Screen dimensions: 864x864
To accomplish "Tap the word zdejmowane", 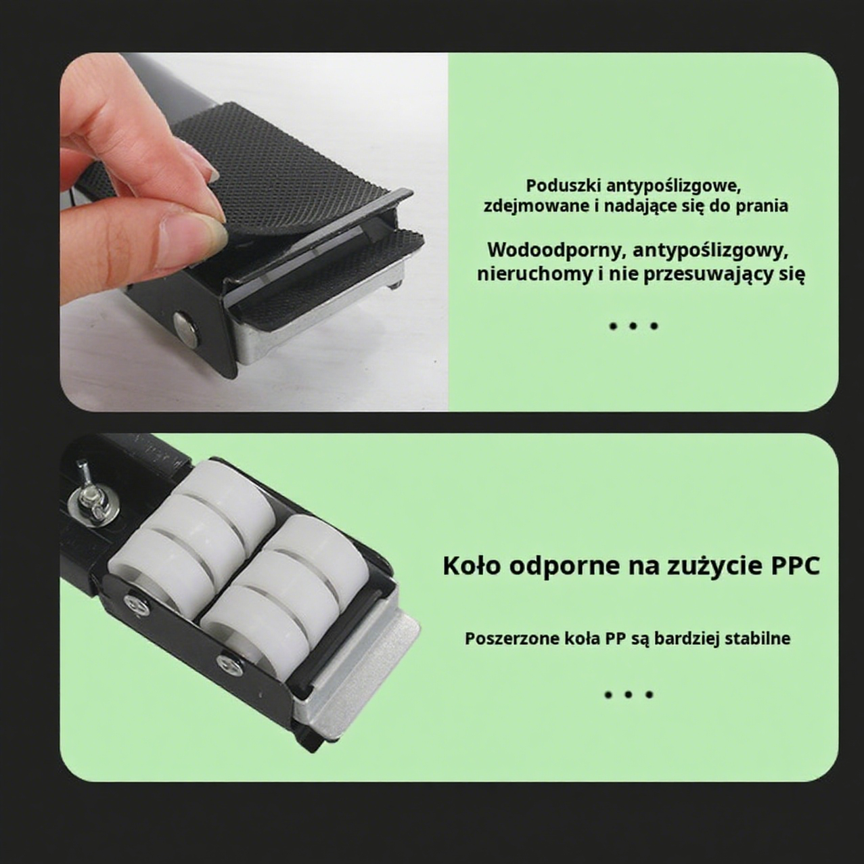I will tap(536, 206).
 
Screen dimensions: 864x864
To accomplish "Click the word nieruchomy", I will tap(534, 274).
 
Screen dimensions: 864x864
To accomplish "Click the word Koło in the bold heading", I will tap(472, 566).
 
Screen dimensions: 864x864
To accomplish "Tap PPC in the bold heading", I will tap(794, 566).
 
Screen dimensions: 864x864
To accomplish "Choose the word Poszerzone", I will tap(512, 639).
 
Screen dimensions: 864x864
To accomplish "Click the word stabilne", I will tap(757, 639).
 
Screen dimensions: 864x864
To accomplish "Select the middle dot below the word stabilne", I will tap(629, 694).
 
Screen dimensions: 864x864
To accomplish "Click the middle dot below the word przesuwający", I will tap(633, 326).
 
